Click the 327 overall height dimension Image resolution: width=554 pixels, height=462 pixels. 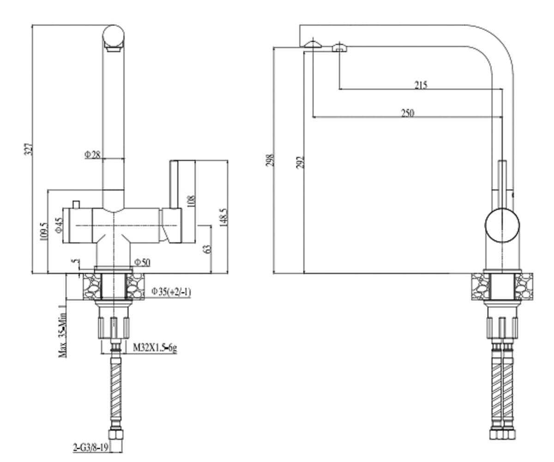tap(29, 150)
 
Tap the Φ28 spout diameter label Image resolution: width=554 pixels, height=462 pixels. tap(93, 154)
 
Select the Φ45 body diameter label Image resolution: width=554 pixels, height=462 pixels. tap(59, 225)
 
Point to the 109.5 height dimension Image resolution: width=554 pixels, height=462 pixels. tap(44, 231)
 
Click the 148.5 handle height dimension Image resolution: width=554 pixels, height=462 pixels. tap(223, 217)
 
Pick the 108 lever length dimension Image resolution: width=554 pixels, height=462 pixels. tap(191, 201)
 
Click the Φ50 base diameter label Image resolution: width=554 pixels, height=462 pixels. tap(142, 262)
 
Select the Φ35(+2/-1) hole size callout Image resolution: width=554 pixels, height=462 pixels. tap(171, 292)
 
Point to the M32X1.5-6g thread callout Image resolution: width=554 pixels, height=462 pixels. tap(155, 347)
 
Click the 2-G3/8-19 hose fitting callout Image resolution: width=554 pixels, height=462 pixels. tap(91, 448)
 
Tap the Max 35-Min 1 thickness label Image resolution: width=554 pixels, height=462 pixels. tap(63, 331)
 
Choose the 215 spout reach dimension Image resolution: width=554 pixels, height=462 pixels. tap(421, 85)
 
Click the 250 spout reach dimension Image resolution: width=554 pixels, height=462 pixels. tap(408, 113)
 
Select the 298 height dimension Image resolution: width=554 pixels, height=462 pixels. tap(270, 160)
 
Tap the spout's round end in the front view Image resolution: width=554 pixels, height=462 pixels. tap(114, 36)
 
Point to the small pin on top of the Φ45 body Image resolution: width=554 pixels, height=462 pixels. tap(77, 204)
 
